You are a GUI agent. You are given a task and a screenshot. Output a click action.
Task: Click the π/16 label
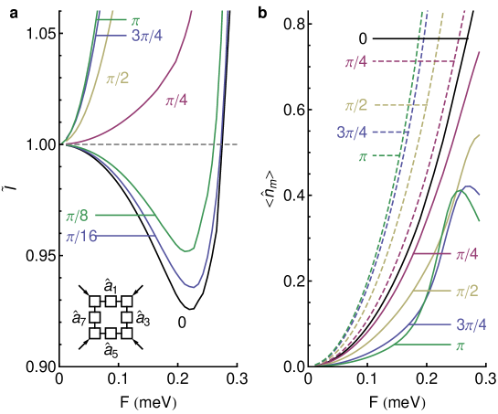point(80,237)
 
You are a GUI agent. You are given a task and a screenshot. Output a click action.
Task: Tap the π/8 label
point(77,216)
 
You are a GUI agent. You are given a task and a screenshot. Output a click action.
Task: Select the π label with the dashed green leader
point(363,157)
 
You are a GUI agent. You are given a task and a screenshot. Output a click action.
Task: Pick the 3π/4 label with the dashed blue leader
point(352,133)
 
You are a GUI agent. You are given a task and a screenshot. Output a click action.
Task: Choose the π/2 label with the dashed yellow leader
point(355,106)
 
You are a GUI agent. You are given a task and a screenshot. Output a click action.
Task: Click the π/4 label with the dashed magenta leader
point(355,62)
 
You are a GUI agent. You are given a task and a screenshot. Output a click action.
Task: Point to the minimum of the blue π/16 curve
point(192,287)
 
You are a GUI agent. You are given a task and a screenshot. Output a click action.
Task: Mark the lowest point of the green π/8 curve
point(187,249)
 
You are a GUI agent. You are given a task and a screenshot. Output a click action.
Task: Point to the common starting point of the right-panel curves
point(316,365)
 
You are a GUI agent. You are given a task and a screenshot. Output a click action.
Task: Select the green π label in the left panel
point(135,18)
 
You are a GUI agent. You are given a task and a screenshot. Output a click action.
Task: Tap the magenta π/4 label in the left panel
point(175,101)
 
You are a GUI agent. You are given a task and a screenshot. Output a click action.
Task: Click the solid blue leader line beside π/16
point(129,237)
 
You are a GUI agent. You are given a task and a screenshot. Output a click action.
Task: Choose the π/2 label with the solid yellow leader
point(466,292)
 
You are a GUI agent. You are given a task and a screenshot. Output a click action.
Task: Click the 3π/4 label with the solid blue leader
point(470,324)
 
